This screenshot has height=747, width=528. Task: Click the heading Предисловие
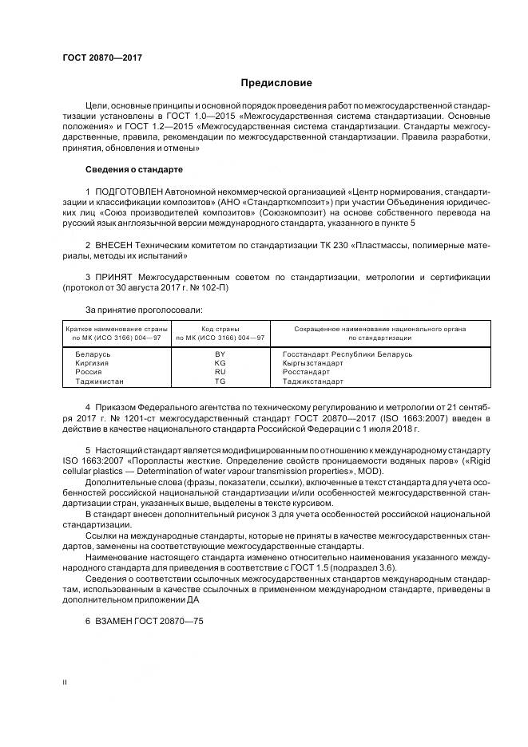tap(277, 83)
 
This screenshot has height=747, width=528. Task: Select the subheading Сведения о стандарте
tap(134, 169)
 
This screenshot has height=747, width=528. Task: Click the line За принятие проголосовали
tap(144, 309)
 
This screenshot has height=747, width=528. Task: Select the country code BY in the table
tap(220, 354)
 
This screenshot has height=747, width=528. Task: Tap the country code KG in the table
tap(220, 362)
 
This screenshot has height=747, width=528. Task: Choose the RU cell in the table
tap(220, 372)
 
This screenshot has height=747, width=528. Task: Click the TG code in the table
tap(220, 381)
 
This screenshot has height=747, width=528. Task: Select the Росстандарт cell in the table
tap(306, 372)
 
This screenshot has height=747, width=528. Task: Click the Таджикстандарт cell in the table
tap(312, 381)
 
